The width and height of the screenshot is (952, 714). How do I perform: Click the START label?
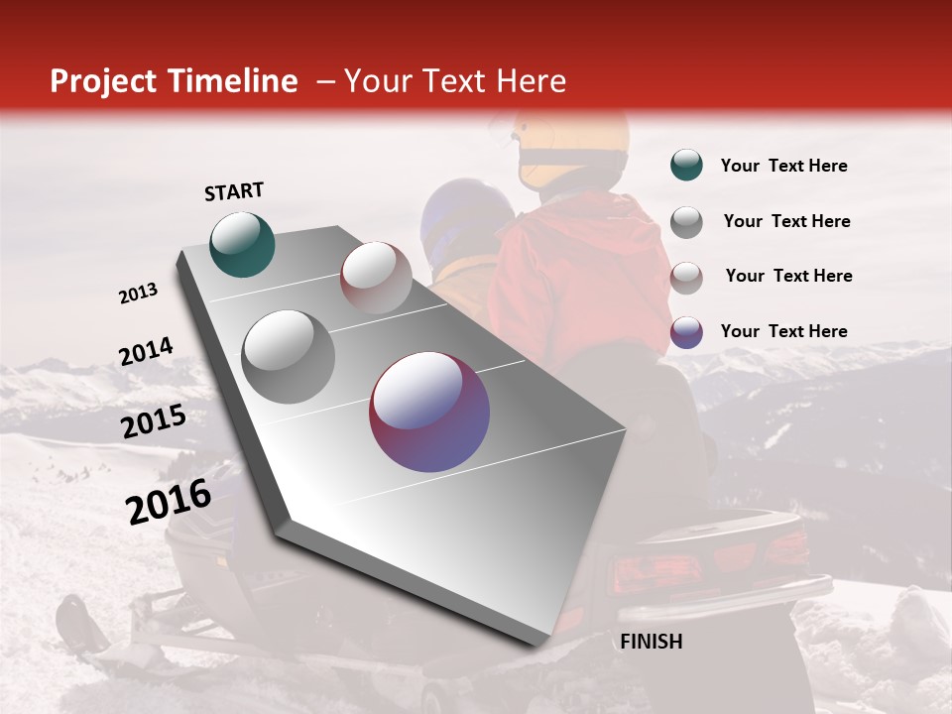click(234, 191)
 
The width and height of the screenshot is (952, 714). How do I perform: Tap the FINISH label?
click(651, 642)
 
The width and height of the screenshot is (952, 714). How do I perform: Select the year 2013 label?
click(139, 294)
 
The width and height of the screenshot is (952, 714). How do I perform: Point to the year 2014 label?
click(146, 352)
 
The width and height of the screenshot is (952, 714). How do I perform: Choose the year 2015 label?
click(154, 421)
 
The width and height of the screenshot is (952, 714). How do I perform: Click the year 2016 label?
click(169, 501)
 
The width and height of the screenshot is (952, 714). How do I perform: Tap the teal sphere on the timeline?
click(242, 244)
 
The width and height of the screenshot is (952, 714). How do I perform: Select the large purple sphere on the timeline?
click(429, 412)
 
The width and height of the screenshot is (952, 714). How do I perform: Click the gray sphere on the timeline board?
click(288, 357)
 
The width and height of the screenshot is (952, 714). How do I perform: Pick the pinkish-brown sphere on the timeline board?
click(376, 278)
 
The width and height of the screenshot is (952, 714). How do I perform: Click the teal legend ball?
click(686, 166)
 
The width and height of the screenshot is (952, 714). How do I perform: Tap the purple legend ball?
click(686, 331)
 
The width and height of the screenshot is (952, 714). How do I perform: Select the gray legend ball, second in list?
click(686, 221)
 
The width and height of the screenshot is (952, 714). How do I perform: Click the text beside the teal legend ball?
click(783, 166)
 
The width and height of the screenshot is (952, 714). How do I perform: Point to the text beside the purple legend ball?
click(783, 331)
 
